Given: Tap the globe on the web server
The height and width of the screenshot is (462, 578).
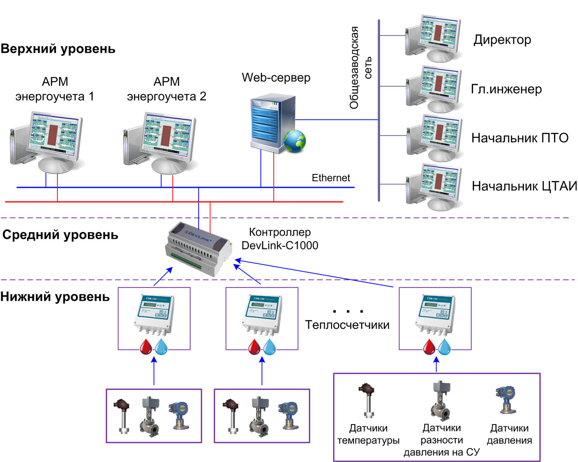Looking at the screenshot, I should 295,141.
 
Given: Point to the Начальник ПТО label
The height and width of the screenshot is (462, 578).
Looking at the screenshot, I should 520,138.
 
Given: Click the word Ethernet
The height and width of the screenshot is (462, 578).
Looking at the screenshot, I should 331,178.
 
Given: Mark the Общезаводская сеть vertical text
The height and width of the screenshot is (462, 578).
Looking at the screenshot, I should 360,68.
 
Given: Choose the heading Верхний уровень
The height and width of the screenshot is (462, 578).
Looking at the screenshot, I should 58,49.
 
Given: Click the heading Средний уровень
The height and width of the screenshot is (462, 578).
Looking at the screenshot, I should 60,235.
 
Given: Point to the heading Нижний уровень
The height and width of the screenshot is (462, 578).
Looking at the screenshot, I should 55,297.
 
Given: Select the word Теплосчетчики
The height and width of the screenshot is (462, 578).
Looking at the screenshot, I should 347,325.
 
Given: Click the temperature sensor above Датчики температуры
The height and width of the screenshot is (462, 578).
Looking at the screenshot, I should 367,400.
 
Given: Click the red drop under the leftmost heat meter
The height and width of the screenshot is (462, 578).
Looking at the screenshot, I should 146,347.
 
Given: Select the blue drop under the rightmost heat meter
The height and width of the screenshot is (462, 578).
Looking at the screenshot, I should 445,347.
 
